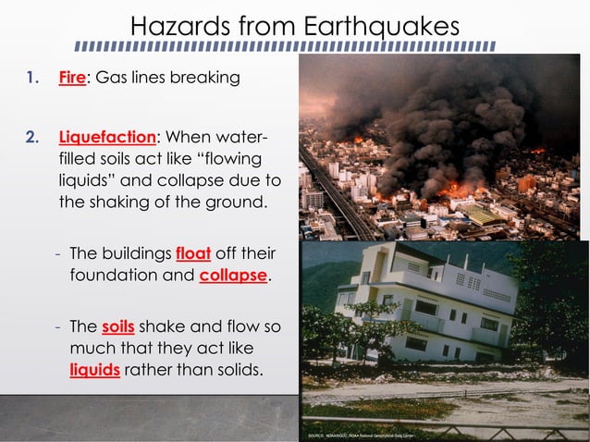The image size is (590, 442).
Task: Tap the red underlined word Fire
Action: coord(71,79)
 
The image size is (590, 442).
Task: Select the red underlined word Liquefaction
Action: coord(106,138)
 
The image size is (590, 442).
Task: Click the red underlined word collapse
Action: coord(232,276)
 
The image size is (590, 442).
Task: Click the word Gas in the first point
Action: coord(113,79)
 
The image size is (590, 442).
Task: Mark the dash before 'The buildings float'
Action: coord(58,253)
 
